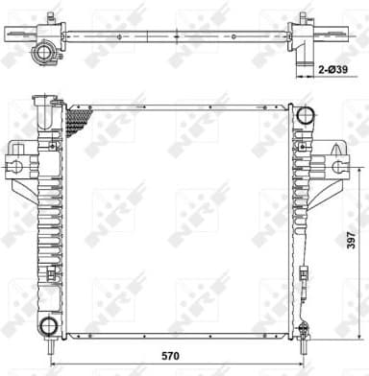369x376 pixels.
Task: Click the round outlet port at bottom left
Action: pyautogui.click(x=47, y=323)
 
